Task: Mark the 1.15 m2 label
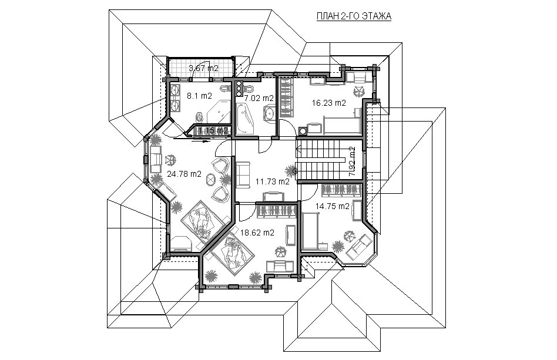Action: click(213, 130)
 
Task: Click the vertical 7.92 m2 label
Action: click(352, 162)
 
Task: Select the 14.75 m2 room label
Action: click(333, 206)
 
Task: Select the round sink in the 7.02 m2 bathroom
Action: click(269, 114)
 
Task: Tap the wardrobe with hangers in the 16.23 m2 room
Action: click(285, 97)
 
